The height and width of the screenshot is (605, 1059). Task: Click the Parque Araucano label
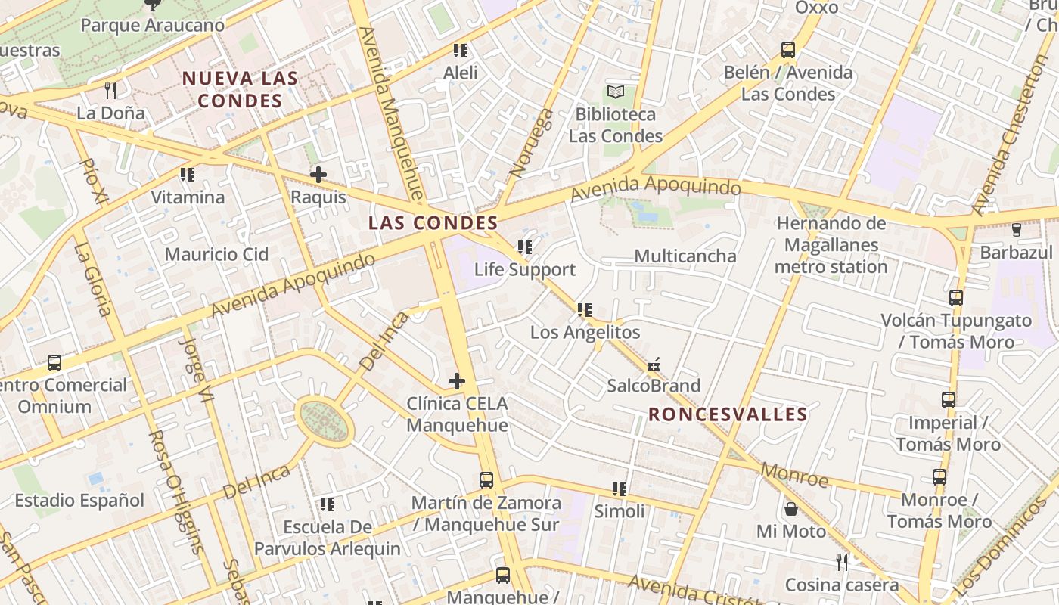[152, 25]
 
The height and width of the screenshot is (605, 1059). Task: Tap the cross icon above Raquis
[318, 175]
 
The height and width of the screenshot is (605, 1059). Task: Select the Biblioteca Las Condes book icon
[616, 92]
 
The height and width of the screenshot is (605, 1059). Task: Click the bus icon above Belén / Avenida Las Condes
[788, 50]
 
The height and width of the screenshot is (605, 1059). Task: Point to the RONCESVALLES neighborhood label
[728, 414]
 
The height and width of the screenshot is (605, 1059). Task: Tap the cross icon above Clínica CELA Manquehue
[457, 380]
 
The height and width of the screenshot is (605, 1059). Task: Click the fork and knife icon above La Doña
[110, 91]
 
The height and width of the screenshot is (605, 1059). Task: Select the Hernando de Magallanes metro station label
[831, 245]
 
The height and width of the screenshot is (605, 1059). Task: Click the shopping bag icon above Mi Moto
[790, 509]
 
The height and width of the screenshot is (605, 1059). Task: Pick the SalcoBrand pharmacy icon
[654, 365]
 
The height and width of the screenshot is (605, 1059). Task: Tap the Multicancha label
[685, 256]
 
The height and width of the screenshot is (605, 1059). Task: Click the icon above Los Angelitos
[584, 309]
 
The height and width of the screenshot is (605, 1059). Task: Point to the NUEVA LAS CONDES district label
[240, 89]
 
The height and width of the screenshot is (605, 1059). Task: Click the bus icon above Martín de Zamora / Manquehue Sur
[486, 479]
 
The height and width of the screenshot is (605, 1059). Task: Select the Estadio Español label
[79, 500]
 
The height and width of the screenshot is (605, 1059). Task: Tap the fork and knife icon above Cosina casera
[842, 562]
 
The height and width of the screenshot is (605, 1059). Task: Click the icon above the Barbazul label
[1016, 229]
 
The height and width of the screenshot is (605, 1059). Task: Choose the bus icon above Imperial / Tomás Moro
[948, 399]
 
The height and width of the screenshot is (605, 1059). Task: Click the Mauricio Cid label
[216, 254]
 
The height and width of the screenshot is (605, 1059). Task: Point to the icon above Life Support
[524, 247]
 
